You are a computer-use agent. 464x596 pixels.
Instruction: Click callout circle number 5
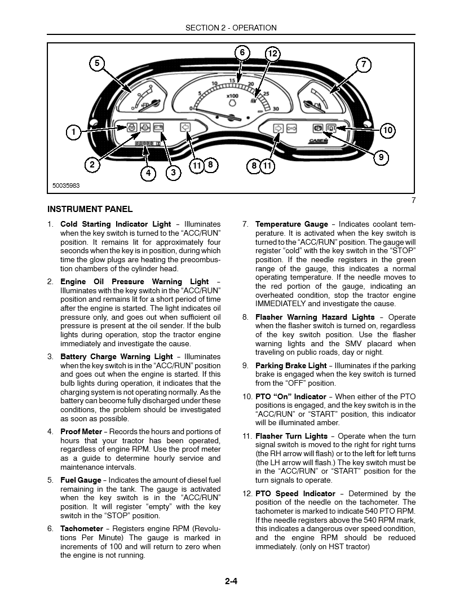coord(97,63)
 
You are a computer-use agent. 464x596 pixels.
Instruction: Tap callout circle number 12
coord(272,54)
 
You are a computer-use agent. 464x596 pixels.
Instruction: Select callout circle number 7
coord(364,64)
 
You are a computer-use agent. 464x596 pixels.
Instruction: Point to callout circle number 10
coord(387,131)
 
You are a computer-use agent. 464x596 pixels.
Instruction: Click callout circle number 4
coord(148,173)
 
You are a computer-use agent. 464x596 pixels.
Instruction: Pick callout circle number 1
coord(73,133)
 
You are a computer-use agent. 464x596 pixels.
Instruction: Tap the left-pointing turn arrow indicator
coord(184,127)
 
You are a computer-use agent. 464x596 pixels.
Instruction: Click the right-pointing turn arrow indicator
coord(277,128)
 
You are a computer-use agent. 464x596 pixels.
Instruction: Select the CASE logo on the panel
coord(321,142)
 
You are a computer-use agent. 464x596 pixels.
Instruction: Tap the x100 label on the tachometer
coord(232,96)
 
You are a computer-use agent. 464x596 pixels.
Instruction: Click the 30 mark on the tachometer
coord(276,109)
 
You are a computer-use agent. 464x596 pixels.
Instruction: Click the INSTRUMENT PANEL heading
coord(90,209)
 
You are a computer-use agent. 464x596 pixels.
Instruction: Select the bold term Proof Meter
coord(81,432)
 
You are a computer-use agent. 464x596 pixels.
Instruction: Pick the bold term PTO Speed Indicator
coord(295,493)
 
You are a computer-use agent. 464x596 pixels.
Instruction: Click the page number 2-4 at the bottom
coord(231,583)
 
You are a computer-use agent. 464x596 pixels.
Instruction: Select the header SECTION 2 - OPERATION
coord(231,28)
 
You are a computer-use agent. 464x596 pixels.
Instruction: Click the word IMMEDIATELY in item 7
coord(281,304)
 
